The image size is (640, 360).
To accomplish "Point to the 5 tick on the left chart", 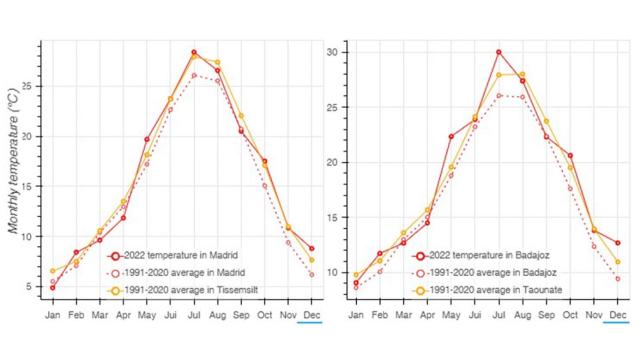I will [x=33, y=287].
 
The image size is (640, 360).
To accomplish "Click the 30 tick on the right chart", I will [x=335, y=52].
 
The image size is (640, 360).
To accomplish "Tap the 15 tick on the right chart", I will [x=335, y=218].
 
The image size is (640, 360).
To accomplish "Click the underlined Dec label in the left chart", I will [x=312, y=314].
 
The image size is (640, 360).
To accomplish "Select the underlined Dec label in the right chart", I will [x=618, y=314].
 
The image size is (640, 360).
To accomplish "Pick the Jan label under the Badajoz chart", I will [x=356, y=314].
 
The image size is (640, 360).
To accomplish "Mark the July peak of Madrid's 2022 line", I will [x=194, y=52].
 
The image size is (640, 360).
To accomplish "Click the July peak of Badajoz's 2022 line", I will [x=498, y=52].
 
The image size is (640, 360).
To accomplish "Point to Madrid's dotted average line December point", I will [x=312, y=274].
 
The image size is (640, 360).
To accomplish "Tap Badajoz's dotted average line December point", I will [x=618, y=278].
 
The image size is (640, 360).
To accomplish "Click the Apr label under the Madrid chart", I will [x=124, y=314].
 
